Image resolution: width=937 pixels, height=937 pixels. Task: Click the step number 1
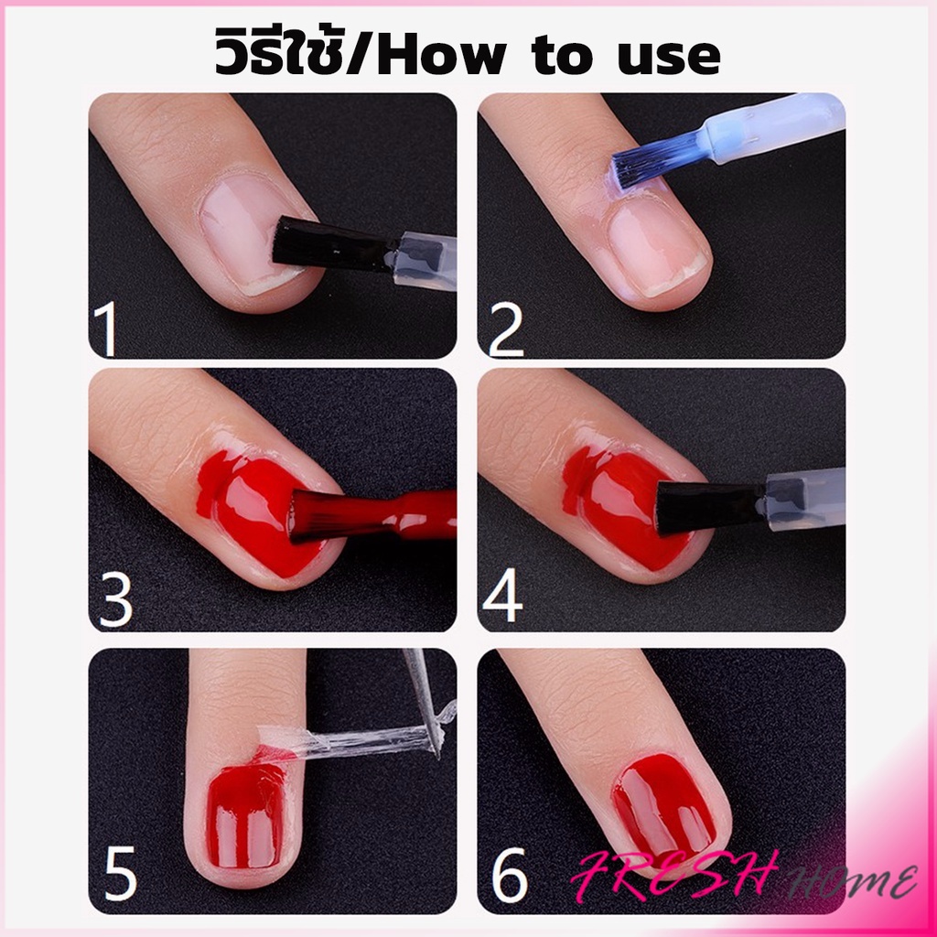(x=106, y=328)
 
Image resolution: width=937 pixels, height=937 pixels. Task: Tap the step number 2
(x=505, y=329)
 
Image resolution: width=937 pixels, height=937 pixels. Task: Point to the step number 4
(x=502, y=595)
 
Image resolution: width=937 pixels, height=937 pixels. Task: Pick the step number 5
(x=121, y=875)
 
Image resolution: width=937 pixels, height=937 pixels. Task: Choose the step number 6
(x=510, y=875)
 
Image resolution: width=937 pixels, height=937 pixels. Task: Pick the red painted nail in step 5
(x=245, y=816)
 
